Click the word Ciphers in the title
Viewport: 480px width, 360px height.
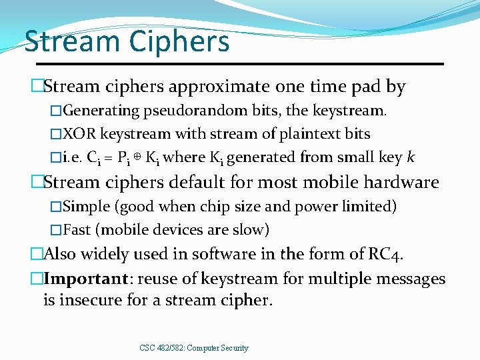(180, 41)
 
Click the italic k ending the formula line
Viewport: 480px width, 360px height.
(411, 157)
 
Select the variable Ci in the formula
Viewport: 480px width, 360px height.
(95, 158)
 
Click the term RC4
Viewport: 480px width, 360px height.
(385, 254)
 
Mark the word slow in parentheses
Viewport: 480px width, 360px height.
(249, 230)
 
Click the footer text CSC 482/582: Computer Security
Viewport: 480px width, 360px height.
(194, 347)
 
